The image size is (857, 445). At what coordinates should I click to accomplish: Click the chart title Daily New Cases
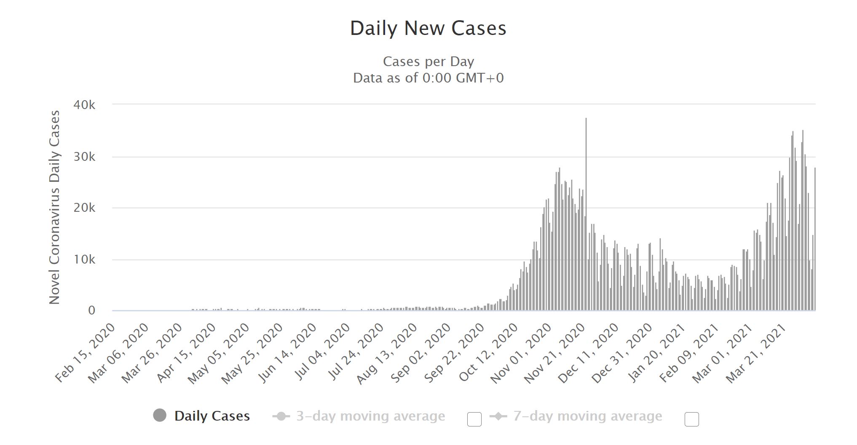click(x=428, y=29)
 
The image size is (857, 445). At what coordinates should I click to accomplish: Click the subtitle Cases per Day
click(x=428, y=62)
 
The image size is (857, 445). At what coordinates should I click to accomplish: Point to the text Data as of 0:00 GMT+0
click(x=428, y=78)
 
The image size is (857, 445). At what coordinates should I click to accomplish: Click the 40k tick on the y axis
click(x=84, y=105)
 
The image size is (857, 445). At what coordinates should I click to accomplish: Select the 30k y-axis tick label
click(x=84, y=157)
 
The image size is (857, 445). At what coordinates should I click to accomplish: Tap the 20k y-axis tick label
click(x=84, y=208)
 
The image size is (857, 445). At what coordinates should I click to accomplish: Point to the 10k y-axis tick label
click(x=84, y=260)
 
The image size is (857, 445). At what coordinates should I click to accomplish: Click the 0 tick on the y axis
click(x=91, y=311)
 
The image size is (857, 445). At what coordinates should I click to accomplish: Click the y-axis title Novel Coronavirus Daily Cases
click(x=55, y=207)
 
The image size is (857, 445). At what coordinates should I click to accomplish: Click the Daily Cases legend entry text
click(x=212, y=416)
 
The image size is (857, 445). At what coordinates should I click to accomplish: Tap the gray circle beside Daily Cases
click(x=160, y=416)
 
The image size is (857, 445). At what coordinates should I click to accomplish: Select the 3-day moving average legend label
click(x=370, y=416)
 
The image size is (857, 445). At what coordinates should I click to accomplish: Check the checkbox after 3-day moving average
click(x=474, y=419)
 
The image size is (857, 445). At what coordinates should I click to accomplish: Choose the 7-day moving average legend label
click(x=587, y=416)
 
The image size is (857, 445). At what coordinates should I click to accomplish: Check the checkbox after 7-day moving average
click(x=691, y=419)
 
